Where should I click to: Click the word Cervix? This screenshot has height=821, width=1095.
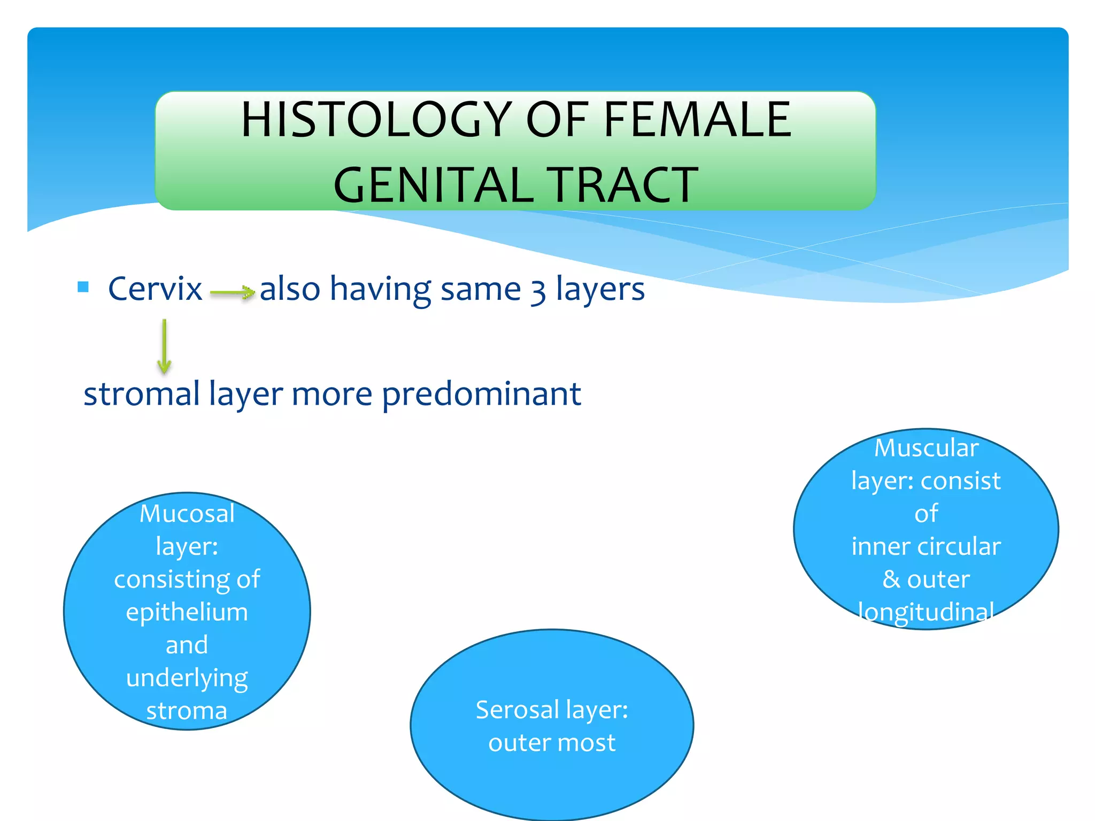[155, 289]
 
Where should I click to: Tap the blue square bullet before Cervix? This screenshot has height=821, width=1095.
[83, 287]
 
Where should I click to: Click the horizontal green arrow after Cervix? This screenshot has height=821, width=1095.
[232, 292]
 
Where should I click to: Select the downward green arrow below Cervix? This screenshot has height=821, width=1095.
[164, 346]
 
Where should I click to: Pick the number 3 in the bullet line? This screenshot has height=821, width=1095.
[538, 292]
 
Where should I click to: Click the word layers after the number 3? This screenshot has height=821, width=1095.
[600, 289]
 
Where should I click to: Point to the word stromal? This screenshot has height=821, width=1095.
[142, 394]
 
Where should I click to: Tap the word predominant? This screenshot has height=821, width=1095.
[481, 394]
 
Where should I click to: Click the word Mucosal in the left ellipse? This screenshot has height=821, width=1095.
[187, 514]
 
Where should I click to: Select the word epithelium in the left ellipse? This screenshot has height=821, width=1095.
[187, 613]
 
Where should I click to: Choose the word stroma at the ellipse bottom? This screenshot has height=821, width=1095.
[187, 711]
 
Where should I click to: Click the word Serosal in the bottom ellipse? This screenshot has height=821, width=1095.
[517, 710]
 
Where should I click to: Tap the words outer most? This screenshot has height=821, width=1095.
[552, 743]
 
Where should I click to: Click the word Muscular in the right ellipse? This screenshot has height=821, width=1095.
[926, 448]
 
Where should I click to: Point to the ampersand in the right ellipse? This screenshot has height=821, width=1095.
[891, 579]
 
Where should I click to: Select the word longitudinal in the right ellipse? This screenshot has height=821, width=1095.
[926, 612]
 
